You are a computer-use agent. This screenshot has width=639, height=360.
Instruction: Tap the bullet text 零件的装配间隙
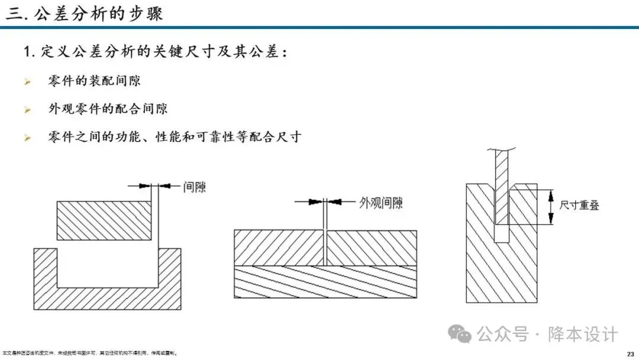pos(94,81)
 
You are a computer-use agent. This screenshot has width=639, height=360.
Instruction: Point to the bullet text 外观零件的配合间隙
pos(108,109)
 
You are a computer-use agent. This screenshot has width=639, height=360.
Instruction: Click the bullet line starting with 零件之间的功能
pos(175,137)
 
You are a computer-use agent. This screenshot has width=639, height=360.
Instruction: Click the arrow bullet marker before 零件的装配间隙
pos(27,82)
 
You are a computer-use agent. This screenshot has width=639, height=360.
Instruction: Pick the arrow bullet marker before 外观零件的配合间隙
pos(27,110)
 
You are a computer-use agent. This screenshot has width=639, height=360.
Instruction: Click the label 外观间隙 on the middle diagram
pos(381,203)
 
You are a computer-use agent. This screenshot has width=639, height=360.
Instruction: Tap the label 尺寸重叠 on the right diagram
pos(580,206)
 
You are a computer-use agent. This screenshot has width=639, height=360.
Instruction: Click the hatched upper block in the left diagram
pos(103,221)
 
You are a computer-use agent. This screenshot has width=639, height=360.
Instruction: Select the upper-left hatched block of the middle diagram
pos(279,247)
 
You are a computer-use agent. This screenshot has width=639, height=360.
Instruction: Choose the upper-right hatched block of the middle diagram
pos(372,247)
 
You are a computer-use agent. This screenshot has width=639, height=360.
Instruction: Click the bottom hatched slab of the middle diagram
pos(325,281)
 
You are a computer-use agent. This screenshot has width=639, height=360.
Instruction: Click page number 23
pos(630,353)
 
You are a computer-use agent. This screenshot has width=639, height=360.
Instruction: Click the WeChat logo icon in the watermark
pos(460,334)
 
